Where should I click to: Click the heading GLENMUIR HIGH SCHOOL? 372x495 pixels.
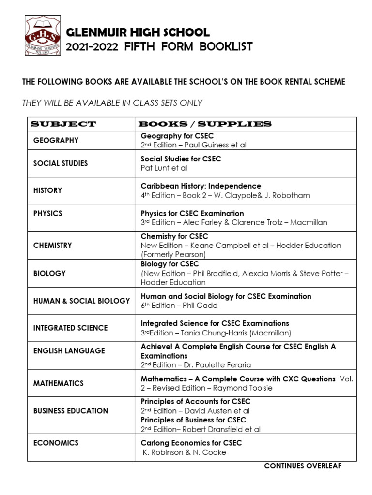[138, 33]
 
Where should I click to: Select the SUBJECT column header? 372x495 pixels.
[63, 124]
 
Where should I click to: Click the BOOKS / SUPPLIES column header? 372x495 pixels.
[206, 124]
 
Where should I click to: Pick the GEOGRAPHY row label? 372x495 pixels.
[56, 140]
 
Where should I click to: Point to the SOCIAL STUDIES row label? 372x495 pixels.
[61, 163]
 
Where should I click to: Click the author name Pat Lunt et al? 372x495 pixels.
[164, 168]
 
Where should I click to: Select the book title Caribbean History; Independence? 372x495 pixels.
[201, 186]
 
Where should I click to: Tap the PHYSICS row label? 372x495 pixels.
[47, 213]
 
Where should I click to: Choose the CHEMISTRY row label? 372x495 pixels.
[52, 246]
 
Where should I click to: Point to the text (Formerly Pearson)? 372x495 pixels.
[173, 254]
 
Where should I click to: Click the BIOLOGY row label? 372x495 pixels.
[49, 273]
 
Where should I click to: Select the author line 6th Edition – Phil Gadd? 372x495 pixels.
[179, 306]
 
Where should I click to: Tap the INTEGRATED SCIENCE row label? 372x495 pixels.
[70, 328]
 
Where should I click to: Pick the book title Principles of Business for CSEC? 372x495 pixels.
[193, 420]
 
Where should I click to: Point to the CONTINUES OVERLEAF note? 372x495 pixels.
[302, 466]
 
